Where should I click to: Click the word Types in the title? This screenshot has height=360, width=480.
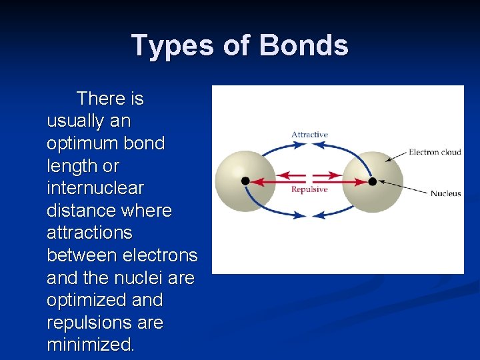pos(164,45)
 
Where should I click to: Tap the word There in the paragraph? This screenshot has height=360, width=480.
pos(101,99)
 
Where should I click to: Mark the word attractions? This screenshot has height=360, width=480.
pos(89,233)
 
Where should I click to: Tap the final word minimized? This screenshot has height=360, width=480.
pos(90,345)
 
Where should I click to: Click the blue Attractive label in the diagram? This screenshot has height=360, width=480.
pos(309,135)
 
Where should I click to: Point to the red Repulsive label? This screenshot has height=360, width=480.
pos(309,190)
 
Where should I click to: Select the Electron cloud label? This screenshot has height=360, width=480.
pos(435,152)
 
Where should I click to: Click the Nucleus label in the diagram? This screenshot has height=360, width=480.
pos(445,194)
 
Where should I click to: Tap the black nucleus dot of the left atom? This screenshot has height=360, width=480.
pos(245,181)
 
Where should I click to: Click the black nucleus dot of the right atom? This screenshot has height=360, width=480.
pos(372,181)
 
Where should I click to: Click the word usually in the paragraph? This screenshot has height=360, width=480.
pos(74,121)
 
